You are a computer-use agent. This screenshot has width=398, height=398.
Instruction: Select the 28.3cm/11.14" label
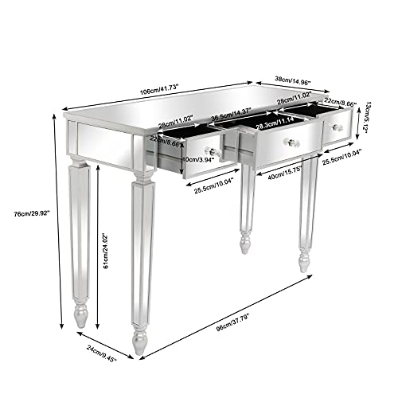[x=277, y=123]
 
